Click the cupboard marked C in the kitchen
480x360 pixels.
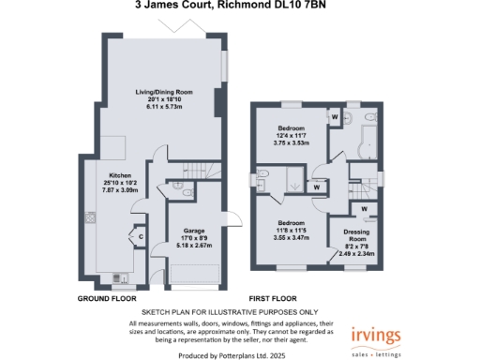click(141, 238)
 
